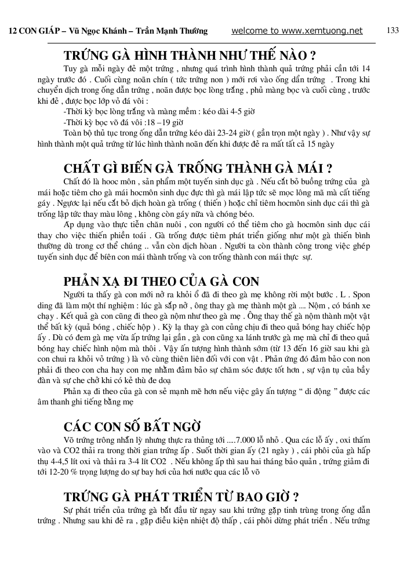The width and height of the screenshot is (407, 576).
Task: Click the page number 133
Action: pyautogui.click(x=393, y=30)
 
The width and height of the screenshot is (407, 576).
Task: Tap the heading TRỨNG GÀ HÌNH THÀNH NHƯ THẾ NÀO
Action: pyautogui.click(x=190, y=56)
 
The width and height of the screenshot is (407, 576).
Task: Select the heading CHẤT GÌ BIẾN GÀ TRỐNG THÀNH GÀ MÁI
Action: pyautogui.click(x=197, y=169)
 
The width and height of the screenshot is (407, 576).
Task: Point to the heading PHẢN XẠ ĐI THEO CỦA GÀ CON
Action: pyautogui.click(x=161, y=282)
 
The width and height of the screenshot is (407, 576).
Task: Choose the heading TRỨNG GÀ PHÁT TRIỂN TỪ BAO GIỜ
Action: pyautogui.click(x=181, y=497)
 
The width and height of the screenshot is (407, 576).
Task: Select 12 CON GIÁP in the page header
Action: pyautogui.click(x=31, y=31)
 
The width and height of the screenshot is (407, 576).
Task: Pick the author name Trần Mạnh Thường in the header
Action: pyautogui.click(x=176, y=31)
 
